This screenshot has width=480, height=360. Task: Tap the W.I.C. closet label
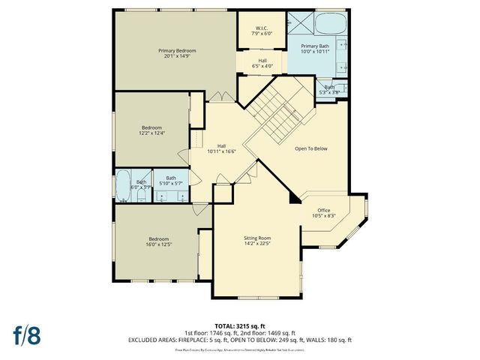coord(262,28)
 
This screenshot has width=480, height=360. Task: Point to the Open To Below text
coord(310,148)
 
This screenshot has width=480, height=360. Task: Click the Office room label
coord(323,210)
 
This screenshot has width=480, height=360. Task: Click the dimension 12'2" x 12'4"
coord(153,133)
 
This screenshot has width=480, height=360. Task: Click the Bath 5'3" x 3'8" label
coord(330,89)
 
